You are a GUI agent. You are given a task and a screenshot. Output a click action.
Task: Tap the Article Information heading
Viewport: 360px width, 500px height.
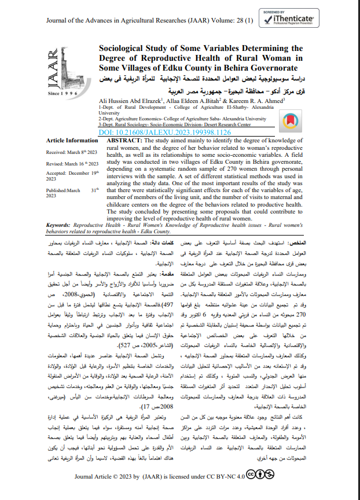coord(72,141)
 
